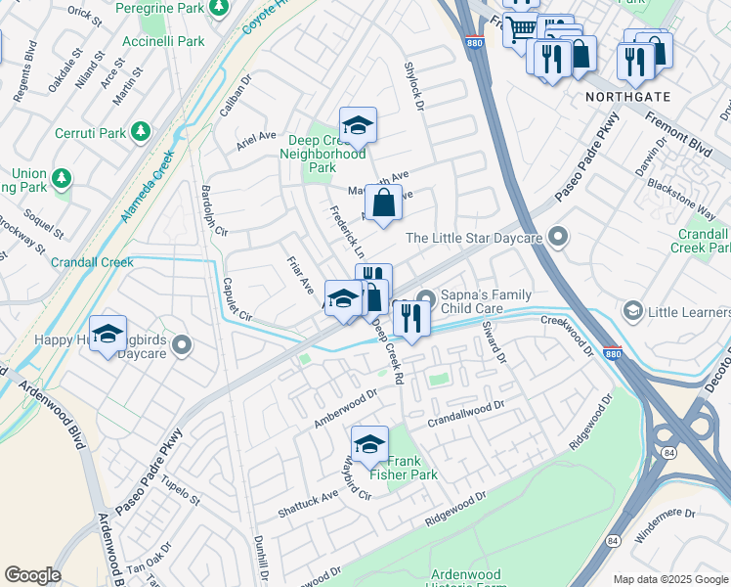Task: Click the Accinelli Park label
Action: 163,41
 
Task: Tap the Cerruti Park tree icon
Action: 141,130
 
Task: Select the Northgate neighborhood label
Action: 627,98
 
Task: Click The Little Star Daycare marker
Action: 558,237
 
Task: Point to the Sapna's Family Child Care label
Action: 486,302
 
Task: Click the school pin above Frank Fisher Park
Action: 369,444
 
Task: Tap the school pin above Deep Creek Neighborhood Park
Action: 358,125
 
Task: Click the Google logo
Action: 33,575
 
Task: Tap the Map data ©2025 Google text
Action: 669,579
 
